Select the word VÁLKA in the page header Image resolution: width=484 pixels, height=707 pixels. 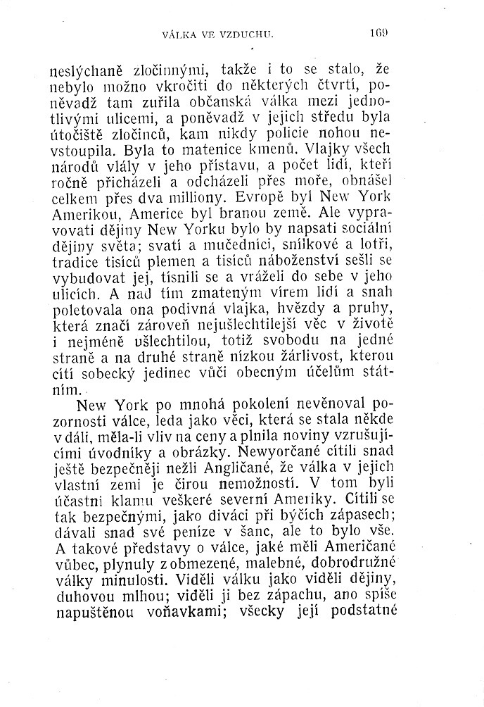[177, 32]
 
